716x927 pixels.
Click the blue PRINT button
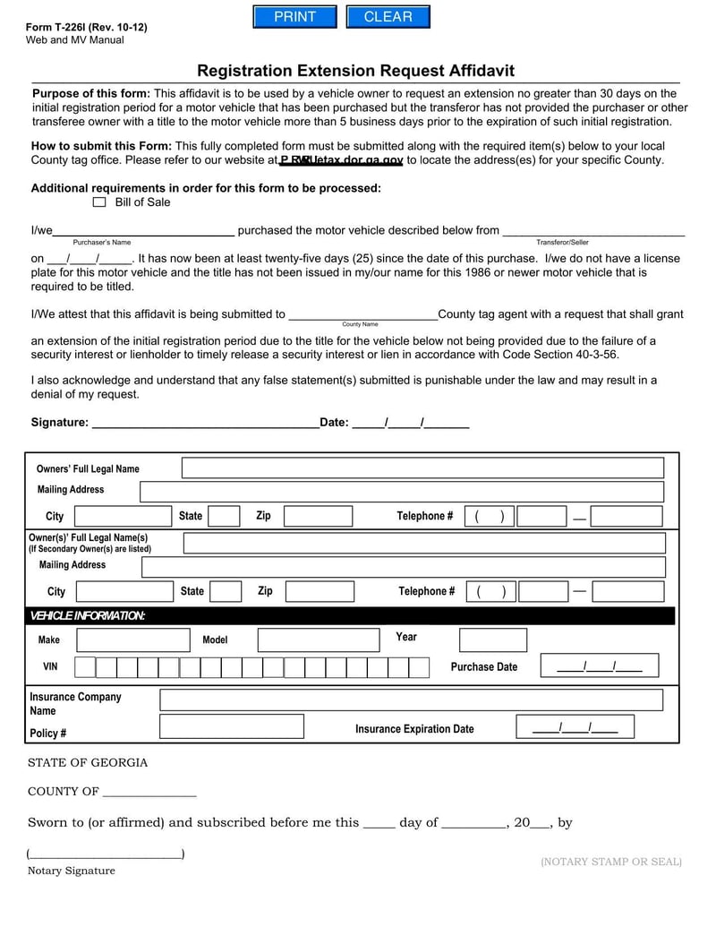(294, 17)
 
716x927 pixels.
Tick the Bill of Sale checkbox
(99, 202)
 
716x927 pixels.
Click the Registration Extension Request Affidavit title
(355, 71)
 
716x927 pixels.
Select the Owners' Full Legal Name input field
(422, 468)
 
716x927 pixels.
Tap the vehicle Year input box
(493, 639)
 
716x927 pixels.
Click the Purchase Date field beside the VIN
(599, 665)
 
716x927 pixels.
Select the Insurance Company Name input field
(412, 700)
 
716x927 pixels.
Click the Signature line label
(59, 423)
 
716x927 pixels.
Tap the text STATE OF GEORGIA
(88, 763)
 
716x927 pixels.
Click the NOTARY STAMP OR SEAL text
(611, 862)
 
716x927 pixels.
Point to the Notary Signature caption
(71, 871)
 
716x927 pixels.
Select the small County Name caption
(360, 324)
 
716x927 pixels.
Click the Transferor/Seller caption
(562, 243)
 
